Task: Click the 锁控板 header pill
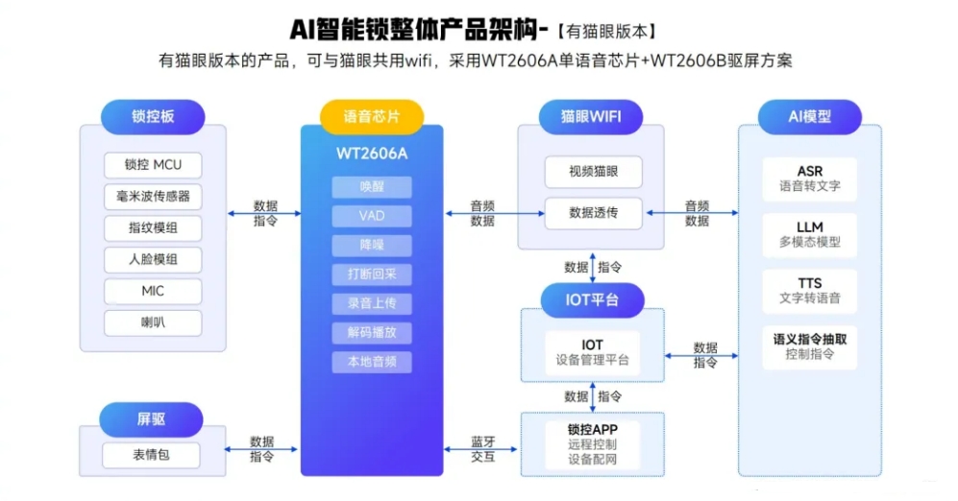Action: point(154,117)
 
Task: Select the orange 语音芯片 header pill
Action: point(372,117)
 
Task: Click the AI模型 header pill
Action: point(809,117)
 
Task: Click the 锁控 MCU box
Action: point(153,164)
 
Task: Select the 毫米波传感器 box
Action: point(153,197)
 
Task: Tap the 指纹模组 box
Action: point(153,228)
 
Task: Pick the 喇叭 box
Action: point(153,322)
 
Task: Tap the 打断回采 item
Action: point(372,274)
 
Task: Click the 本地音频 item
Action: point(372,362)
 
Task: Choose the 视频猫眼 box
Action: point(593,173)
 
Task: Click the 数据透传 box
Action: point(593,213)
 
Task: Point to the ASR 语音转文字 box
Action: point(809,179)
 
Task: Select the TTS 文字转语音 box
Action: point(809,291)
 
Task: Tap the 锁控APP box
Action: point(592,443)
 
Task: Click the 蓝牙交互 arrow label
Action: point(482,449)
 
